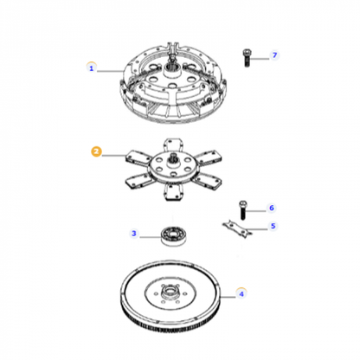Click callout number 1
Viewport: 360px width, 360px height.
tap(92, 67)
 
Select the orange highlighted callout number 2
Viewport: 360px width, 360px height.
tap(97, 151)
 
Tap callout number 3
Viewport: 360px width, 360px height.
tap(134, 233)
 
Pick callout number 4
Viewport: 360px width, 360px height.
tap(241, 293)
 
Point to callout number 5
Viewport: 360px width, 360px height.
tap(273, 227)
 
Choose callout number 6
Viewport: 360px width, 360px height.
tap(271, 208)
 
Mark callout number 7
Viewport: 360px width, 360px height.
tap(275, 56)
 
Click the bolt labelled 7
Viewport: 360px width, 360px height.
tap(247, 58)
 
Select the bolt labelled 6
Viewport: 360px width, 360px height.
tap(242, 211)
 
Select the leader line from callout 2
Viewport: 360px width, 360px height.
tap(114, 153)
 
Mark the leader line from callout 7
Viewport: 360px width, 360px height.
tap(262, 57)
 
